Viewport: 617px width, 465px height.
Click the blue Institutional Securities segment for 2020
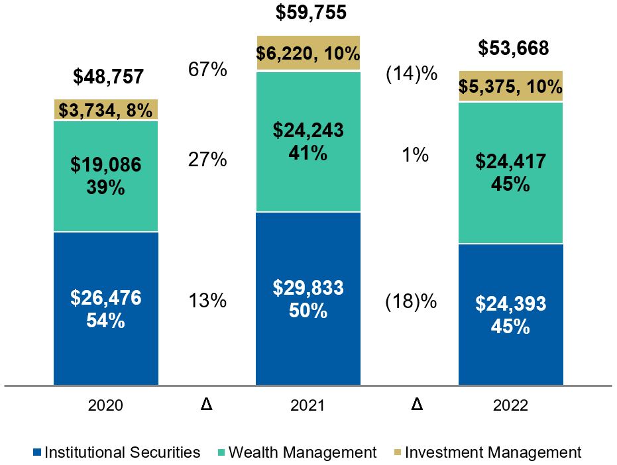pyautogui.click(x=106, y=344)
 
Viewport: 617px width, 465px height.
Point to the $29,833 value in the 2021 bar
pyautogui.click(x=308, y=287)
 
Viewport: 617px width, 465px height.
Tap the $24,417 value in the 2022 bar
pyautogui.click(x=511, y=161)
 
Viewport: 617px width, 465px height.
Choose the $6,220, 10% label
pyautogui.click(x=308, y=53)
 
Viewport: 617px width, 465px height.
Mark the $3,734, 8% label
pyautogui.click(x=106, y=109)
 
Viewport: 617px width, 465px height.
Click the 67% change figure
pyautogui.click(x=207, y=70)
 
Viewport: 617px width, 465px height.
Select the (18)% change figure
pyautogui.click(x=412, y=301)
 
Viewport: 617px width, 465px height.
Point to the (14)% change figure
pyautogui.click(x=412, y=74)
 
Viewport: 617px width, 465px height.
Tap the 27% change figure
pyautogui.click(x=207, y=160)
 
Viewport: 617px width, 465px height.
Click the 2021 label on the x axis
pyautogui.click(x=308, y=405)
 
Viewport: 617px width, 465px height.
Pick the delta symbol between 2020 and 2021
pyautogui.click(x=207, y=404)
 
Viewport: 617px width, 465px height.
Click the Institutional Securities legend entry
pyautogui.click(x=117, y=452)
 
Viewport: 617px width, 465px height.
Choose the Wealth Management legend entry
pyautogui.click(x=296, y=452)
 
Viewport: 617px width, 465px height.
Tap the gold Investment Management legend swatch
pyautogui.click(x=395, y=453)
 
